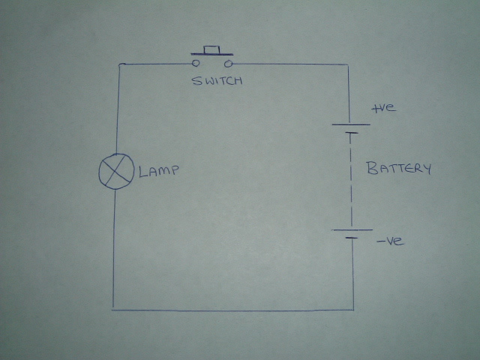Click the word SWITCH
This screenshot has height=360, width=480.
(217, 80)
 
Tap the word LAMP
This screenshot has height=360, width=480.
(160, 172)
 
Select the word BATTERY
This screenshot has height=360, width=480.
(399, 168)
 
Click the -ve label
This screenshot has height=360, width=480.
(390, 241)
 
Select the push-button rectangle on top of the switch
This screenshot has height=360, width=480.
(212, 49)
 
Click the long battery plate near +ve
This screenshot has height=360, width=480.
(349, 125)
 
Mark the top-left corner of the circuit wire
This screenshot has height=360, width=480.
(120, 65)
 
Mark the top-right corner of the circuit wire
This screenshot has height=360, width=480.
(347, 65)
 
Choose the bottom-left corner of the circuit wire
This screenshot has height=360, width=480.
(113, 308)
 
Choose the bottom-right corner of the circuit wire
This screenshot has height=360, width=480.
(353, 308)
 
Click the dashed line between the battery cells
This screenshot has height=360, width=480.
(349, 180)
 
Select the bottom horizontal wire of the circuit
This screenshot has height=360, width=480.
(232, 308)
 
